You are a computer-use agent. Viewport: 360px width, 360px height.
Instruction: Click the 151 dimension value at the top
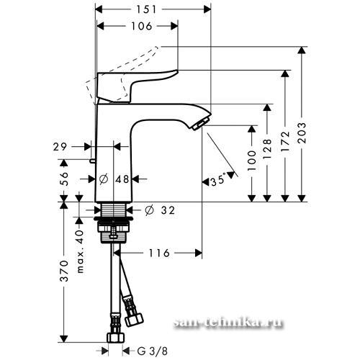click(x=146, y=9)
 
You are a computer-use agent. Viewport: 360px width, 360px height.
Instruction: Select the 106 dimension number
click(x=142, y=26)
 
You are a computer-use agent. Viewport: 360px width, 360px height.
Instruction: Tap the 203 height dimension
click(x=302, y=132)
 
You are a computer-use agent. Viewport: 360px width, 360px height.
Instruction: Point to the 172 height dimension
click(x=285, y=142)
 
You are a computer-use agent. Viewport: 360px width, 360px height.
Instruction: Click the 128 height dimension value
click(x=267, y=149)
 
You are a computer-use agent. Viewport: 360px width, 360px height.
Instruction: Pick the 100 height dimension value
click(x=252, y=161)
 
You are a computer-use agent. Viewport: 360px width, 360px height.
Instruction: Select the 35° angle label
click(x=218, y=181)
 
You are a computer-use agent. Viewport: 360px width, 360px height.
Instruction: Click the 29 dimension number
click(x=60, y=147)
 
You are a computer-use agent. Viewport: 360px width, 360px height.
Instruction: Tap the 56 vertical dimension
click(x=64, y=179)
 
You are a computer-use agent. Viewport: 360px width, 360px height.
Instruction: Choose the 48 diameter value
click(x=122, y=179)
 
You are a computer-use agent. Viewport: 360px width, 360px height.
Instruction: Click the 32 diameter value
click(x=168, y=210)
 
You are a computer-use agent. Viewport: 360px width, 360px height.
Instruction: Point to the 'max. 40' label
click(x=81, y=251)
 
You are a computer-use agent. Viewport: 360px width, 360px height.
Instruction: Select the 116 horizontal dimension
click(x=159, y=253)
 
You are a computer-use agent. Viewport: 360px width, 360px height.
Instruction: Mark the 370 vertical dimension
click(x=64, y=271)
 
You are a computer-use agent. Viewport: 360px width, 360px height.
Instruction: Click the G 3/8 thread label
click(x=153, y=351)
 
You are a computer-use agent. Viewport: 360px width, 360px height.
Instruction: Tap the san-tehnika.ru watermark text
click(x=228, y=323)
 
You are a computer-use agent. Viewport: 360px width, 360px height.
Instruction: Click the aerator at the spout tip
click(x=201, y=123)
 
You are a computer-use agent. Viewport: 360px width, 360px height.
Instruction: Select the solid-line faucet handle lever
click(x=138, y=86)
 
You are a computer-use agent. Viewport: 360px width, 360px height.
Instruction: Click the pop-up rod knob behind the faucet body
click(x=92, y=161)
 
